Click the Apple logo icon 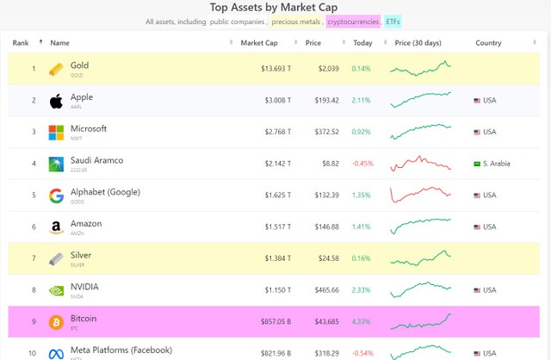point(56,101)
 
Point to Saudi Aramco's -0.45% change point(363,164)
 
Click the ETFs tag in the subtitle point(393,21)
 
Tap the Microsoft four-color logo point(56,132)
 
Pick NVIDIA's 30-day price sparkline point(420,289)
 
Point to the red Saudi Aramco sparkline point(420,164)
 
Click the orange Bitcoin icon point(56,321)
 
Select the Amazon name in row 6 point(86,224)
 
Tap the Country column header point(488,42)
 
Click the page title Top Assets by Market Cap point(275,7)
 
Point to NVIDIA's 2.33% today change point(362,290)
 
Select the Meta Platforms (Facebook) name point(121,350)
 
